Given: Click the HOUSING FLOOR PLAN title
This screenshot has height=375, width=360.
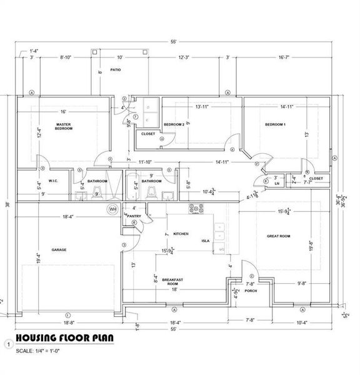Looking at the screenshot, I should tap(64, 338).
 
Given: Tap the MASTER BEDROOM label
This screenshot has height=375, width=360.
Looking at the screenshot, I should tap(63, 126).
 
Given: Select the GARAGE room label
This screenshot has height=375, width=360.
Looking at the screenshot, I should tap(59, 249).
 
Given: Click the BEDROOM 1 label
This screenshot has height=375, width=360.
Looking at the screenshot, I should tap(275, 125).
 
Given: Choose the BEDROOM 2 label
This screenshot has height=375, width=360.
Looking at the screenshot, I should tap(174, 125).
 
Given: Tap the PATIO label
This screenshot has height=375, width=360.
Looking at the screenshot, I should tap(116, 69).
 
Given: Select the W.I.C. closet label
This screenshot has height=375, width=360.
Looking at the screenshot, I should tap(36, 182).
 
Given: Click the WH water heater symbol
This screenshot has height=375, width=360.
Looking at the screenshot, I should tap(113, 209).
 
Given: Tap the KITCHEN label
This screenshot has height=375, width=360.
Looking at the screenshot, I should tap(181, 234).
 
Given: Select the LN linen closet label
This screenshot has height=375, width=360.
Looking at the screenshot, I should tap(276, 183).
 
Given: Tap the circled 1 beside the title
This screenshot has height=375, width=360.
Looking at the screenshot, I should tap(8, 343).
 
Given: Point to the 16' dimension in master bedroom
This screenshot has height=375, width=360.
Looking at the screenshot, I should tap(63, 111).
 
